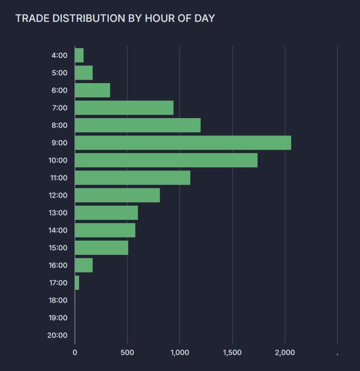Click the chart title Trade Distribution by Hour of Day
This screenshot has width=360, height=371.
point(115,18)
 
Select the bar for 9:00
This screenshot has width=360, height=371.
point(183,143)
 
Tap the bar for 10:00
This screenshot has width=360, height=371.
point(166,160)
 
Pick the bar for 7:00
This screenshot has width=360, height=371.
point(124,108)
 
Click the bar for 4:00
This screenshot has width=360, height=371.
point(79,55)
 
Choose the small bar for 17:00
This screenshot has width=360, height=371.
point(77,283)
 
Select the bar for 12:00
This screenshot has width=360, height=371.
point(117,195)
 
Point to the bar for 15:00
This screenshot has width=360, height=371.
point(101,248)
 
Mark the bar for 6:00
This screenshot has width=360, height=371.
point(92,90)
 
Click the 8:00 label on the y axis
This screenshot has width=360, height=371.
point(59,125)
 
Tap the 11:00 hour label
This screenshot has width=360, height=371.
point(57,178)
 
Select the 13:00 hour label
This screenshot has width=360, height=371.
point(57,213)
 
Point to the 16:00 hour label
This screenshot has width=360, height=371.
point(57,265)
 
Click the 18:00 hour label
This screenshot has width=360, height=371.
point(57,300)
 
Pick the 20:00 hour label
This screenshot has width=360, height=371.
point(57,335)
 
